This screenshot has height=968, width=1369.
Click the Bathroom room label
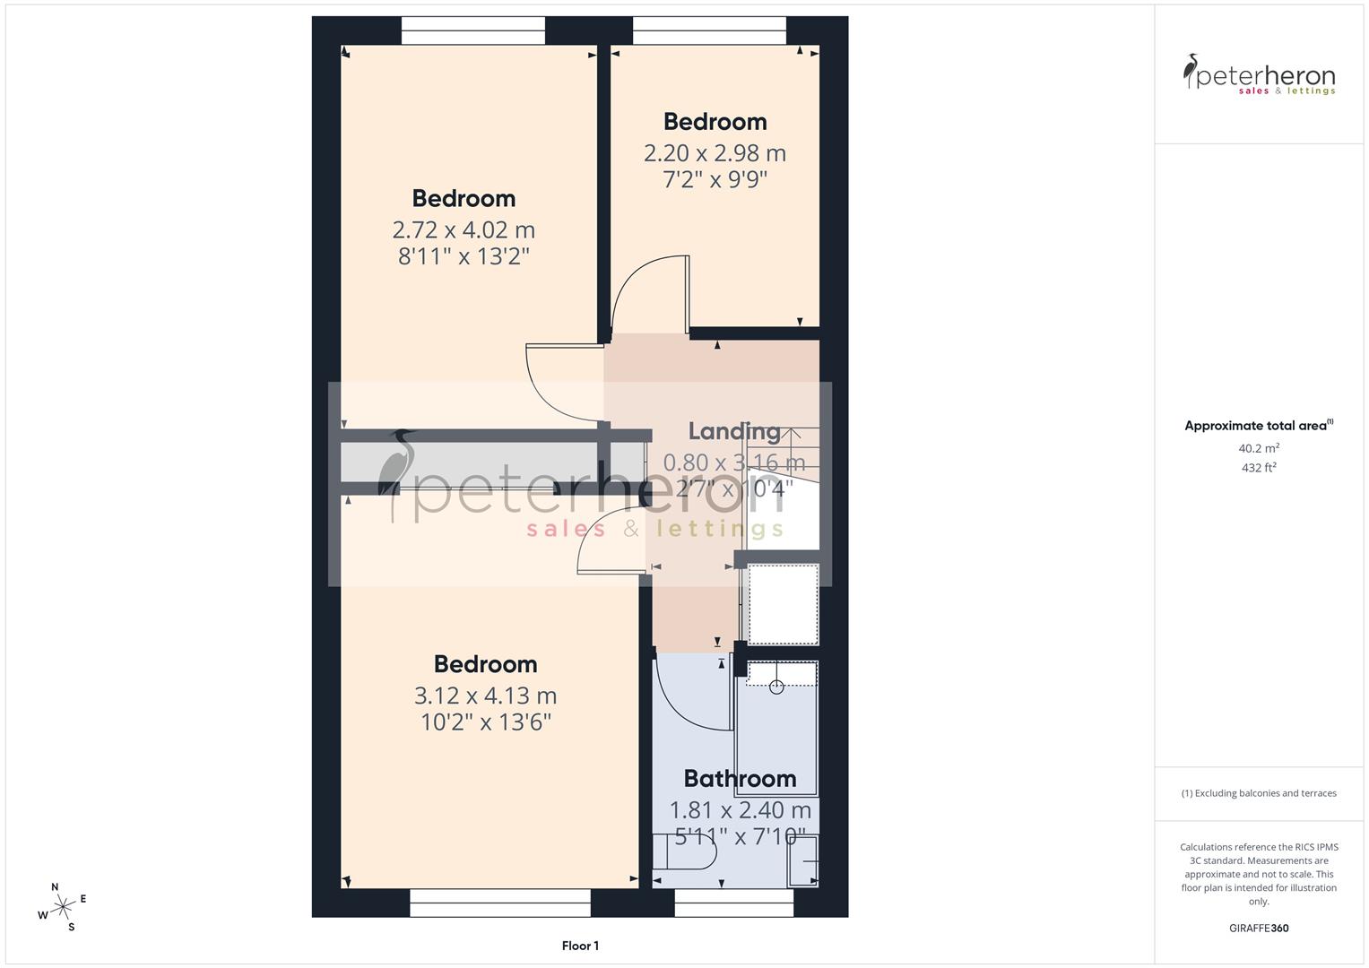click(x=740, y=778)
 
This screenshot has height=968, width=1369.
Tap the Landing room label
click(x=734, y=431)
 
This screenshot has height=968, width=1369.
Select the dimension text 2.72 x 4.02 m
click(x=464, y=229)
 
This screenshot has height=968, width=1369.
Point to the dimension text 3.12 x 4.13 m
click(x=485, y=696)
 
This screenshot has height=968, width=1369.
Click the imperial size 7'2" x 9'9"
click(x=715, y=179)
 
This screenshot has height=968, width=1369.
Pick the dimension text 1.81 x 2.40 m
click(x=740, y=810)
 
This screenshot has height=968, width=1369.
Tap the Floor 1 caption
click(x=580, y=946)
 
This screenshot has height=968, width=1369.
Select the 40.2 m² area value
click(x=1259, y=448)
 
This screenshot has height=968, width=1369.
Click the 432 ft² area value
click(x=1259, y=467)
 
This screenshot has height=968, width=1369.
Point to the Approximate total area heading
click(x=1259, y=426)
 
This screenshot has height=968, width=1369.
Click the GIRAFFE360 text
click(x=1259, y=928)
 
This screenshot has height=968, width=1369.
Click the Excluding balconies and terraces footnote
click(x=1259, y=793)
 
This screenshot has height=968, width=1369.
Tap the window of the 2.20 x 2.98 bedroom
click(x=709, y=30)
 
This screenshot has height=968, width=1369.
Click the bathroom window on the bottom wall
click(x=733, y=903)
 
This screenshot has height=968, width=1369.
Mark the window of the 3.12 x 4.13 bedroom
click(x=499, y=903)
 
